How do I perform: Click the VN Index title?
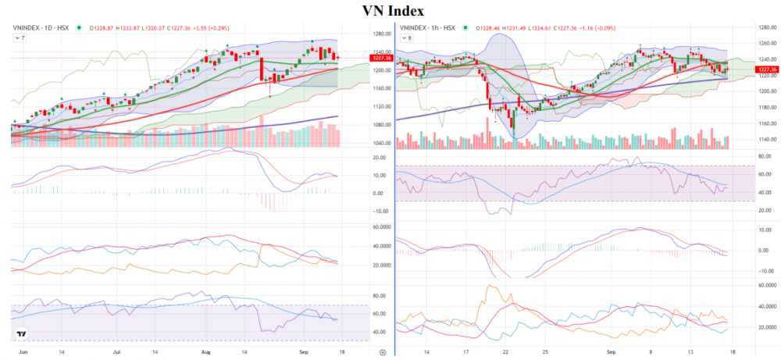(x=394, y=11)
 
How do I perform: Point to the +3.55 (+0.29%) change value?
(x=216, y=28)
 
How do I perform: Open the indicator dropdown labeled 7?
(x=18, y=37)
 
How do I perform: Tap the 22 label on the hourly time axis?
(x=506, y=352)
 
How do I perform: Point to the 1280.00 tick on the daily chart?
(x=381, y=34)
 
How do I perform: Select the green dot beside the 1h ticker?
(x=466, y=28)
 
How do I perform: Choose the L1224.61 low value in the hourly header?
(x=543, y=28)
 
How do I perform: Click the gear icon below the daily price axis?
(x=381, y=352)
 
